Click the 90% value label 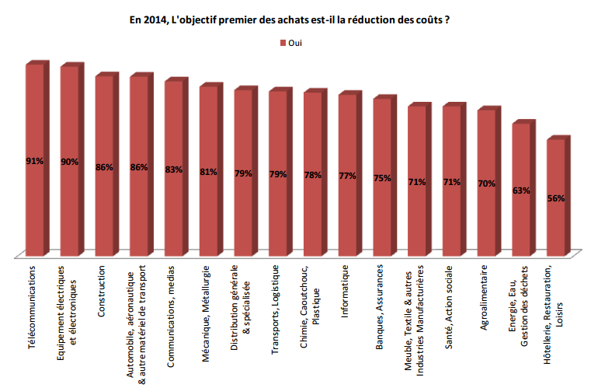pyautogui.click(x=70, y=162)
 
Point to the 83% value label pyautogui.click(x=174, y=170)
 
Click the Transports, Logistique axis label pyautogui.click(x=276, y=308)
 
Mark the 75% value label pyautogui.click(x=382, y=179)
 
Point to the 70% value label pyautogui.click(x=487, y=184)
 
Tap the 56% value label pyautogui.click(x=556, y=198)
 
